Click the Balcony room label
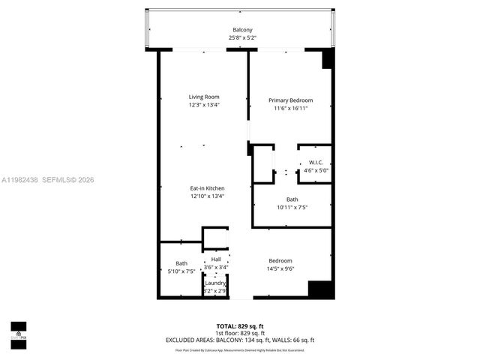pyautogui.click(x=241, y=30)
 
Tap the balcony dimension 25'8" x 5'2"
pyautogui.click(x=241, y=38)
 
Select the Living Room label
pyautogui.click(x=203, y=97)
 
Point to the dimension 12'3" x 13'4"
pyautogui.click(x=203, y=106)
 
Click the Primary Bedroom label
pyautogui.click(x=291, y=100)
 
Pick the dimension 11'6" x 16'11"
pyautogui.click(x=291, y=109)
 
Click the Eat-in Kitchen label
pyautogui.click(x=207, y=188)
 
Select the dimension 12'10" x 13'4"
pyautogui.click(x=207, y=196)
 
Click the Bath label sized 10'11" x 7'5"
pyautogui.click(x=292, y=199)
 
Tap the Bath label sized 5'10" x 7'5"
pyautogui.click(x=181, y=263)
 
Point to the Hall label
pyautogui.click(x=216, y=259)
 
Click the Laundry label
pyautogui.click(x=216, y=283)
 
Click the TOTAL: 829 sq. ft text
pyautogui.click(x=240, y=326)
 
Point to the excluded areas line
pyautogui.click(x=240, y=340)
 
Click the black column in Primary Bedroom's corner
pyautogui.click(x=327, y=60)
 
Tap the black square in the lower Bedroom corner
pyautogui.click(x=320, y=289)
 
